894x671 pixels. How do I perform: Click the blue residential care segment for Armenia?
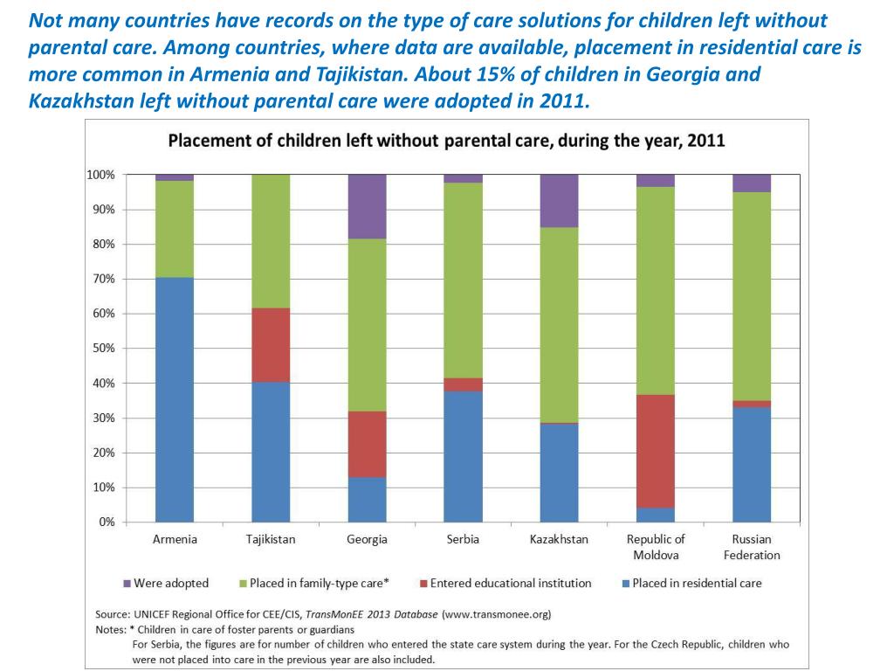(175, 399)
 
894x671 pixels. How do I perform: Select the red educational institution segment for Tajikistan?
(271, 345)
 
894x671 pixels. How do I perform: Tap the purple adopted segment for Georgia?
(368, 206)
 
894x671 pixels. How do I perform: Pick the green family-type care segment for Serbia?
(463, 280)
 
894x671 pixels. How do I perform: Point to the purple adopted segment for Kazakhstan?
(560, 201)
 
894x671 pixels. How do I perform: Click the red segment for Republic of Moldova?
(656, 452)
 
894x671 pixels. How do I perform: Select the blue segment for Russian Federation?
(752, 465)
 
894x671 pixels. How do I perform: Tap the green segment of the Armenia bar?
(175, 229)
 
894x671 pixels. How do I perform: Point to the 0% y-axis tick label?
(107, 522)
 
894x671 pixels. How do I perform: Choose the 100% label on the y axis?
(101, 175)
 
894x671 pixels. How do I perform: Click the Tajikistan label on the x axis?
(271, 539)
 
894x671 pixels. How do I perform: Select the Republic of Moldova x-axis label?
(656, 547)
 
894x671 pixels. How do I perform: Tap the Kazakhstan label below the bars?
(559, 539)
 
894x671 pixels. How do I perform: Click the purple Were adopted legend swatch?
(127, 584)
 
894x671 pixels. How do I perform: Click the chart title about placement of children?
(446, 141)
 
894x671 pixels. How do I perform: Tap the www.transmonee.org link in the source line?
(497, 614)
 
